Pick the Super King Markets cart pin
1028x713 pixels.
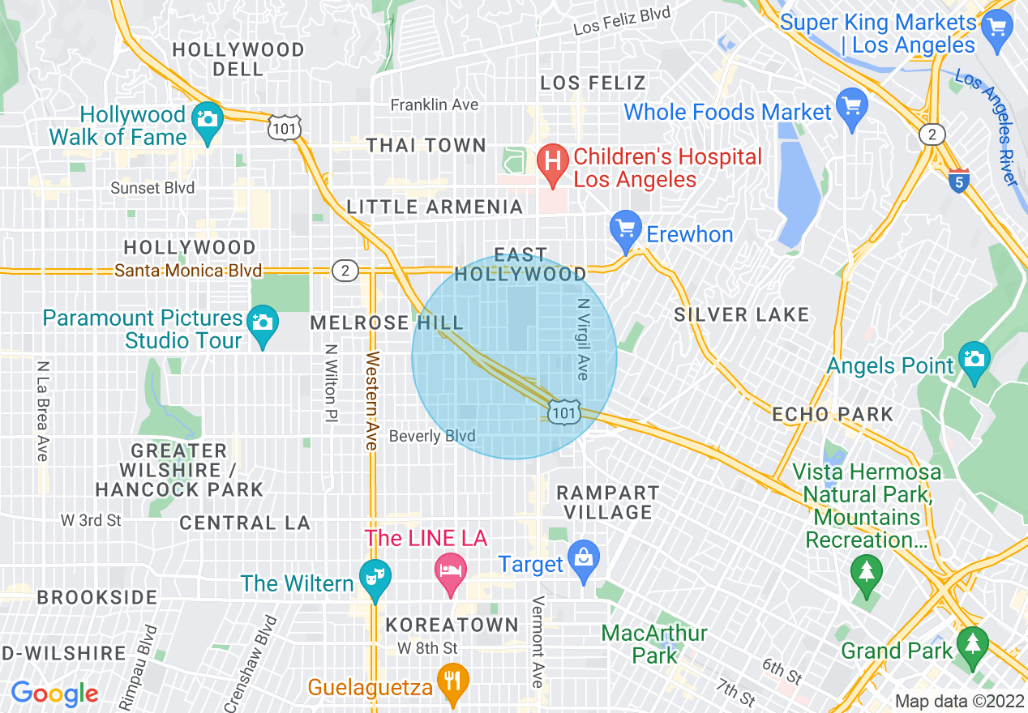996,29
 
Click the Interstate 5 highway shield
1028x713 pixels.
959,181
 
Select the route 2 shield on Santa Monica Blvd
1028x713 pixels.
345,271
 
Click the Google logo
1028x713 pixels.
54,694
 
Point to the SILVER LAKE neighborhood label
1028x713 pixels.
741,315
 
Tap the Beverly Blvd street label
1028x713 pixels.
432,436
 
